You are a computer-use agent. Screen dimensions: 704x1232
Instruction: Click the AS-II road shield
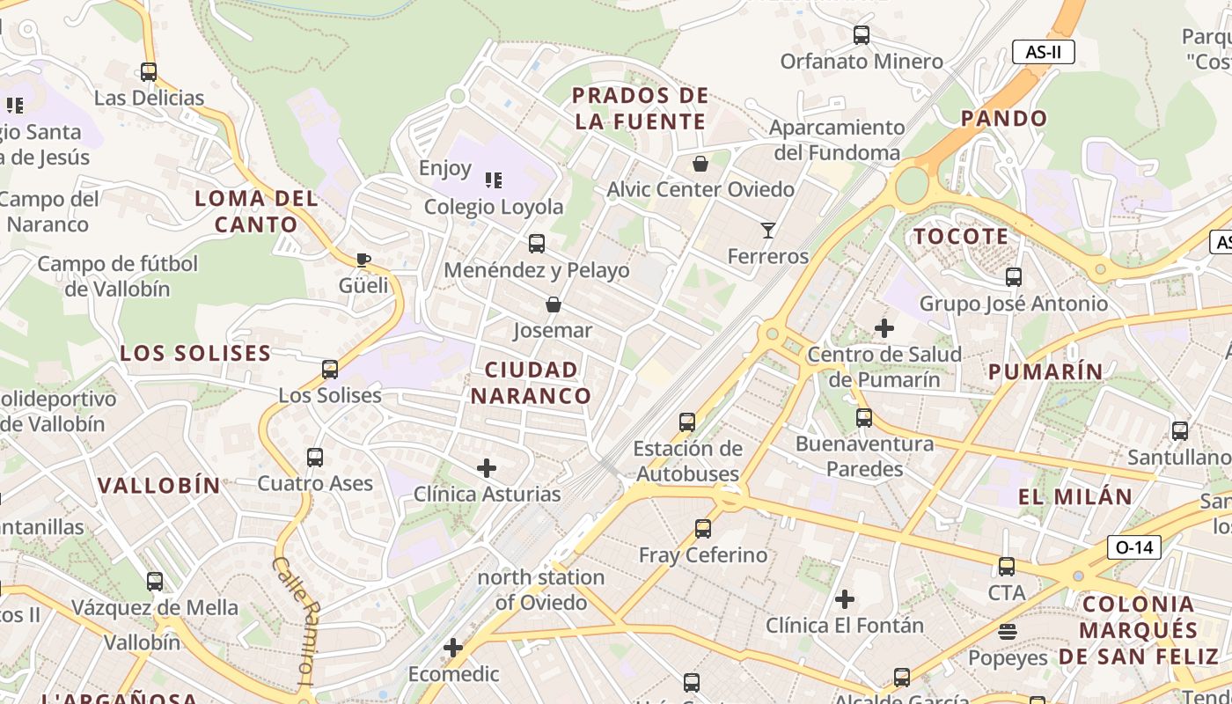[x=1043, y=52]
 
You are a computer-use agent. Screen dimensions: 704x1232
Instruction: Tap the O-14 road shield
[x=1133, y=547]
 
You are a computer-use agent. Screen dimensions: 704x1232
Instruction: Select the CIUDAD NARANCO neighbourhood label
[x=531, y=383]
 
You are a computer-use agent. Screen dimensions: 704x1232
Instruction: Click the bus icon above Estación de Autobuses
[x=687, y=422]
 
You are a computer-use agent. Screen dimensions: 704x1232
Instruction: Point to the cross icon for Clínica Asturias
[x=487, y=468]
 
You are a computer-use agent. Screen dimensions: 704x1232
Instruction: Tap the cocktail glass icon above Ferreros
[x=768, y=231]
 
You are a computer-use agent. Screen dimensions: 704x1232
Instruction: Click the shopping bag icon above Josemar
[x=554, y=305]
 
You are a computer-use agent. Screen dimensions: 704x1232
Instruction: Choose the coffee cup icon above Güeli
[x=363, y=260]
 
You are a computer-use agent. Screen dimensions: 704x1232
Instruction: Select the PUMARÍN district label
[x=1045, y=371]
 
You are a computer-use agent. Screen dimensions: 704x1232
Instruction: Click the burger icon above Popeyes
[x=1008, y=632]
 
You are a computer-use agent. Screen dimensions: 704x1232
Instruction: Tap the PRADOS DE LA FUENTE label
[x=640, y=108]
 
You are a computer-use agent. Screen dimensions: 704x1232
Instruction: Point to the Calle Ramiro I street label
[x=295, y=619]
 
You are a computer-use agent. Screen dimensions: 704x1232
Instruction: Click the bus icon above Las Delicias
[x=149, y=72]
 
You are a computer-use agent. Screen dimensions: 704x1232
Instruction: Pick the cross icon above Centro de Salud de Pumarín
[x=884, y=328]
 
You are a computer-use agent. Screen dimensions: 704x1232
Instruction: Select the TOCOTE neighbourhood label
[x=960, y=237]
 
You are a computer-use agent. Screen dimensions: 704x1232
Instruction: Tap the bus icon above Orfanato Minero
[x=862, y=35]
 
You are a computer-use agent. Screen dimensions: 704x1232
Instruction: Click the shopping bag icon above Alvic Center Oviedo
[x=700, y=164]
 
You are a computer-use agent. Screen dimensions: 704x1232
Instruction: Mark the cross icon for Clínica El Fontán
[x=845, y=600]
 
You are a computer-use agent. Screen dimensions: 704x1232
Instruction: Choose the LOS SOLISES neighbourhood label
[x=195, y=354]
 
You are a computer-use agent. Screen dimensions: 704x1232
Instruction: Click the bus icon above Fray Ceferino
[x=702, y=529]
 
